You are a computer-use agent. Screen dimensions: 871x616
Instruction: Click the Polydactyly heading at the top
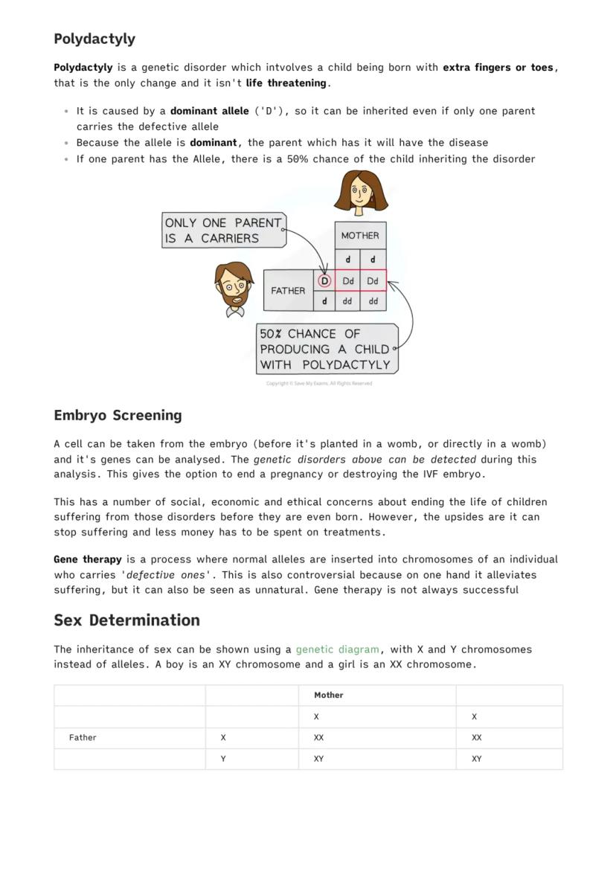[94, 39]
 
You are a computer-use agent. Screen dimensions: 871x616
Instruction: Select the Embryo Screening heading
[118, 415]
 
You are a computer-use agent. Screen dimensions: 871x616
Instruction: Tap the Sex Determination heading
[126, 620]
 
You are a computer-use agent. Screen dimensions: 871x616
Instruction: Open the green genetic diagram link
[337, 649]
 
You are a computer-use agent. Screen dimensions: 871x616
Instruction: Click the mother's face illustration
[361, 192]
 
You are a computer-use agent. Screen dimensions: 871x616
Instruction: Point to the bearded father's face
[234, 286]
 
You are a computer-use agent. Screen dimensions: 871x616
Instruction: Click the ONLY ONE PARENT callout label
[223, 231]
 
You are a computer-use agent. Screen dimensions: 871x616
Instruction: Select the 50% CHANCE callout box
[326, 349]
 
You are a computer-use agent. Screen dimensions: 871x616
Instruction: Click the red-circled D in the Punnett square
[324, 281]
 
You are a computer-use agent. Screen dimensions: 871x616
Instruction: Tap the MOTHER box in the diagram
[360, 235]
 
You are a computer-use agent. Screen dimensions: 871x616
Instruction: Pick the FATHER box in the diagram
[288, 290]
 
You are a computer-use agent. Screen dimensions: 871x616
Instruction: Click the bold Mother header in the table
[328, 695]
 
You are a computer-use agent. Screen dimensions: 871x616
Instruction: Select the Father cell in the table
[83, 738]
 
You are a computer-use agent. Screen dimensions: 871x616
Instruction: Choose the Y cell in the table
[223, 759]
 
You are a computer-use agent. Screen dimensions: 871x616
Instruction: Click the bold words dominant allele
[209, 111]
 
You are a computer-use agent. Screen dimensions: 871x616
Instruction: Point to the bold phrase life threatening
[286, 83]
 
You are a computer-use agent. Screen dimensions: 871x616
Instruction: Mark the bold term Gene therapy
[88, 559]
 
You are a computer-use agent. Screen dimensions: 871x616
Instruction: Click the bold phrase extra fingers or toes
[498, 68]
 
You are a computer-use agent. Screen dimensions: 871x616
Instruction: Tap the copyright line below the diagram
[319, 384]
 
